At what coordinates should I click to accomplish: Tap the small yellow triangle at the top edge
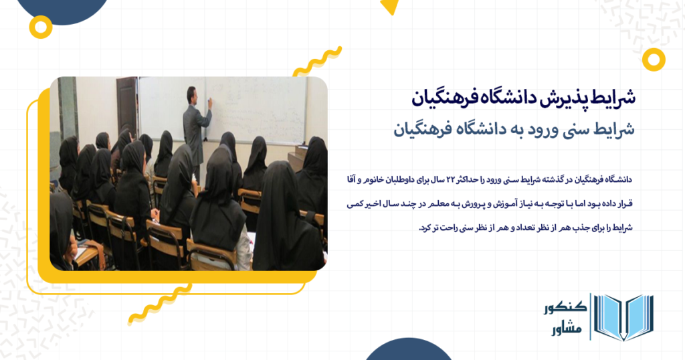(x=389, y=7)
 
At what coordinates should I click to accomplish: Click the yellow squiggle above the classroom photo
(x=318, y=61)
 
